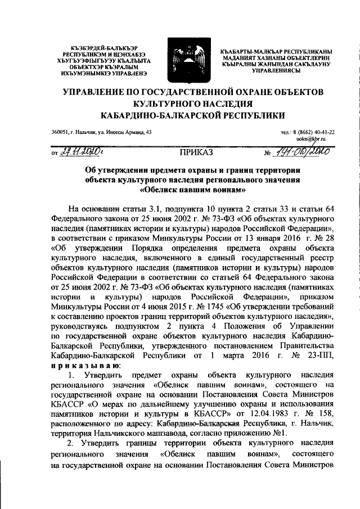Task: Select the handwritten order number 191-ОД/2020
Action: pos(304,151)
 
